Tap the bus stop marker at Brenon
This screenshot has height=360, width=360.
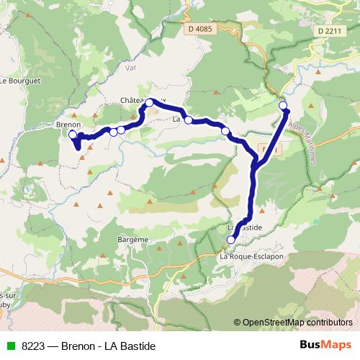coord(73,135)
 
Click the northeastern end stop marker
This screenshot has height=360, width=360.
coord(283,106)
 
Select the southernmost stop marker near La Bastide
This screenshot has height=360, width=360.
coord(231,240)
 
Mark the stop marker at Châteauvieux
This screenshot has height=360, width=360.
coord(150,103)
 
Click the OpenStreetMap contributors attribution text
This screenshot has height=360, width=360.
coord(293,322)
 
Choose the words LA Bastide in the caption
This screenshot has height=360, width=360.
coord(130,346)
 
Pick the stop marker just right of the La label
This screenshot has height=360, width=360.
coord(189,120)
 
